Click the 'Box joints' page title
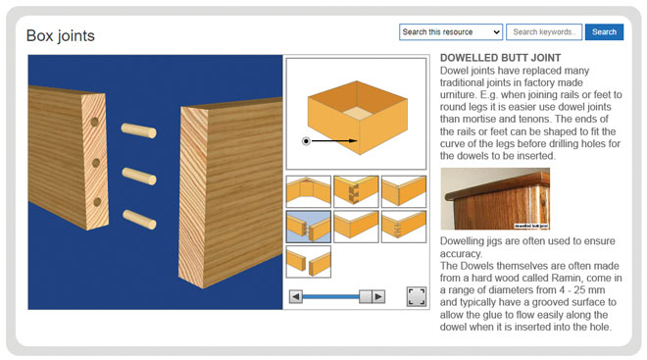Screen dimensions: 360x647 (61, 36)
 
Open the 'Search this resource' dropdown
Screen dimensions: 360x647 (451, 32)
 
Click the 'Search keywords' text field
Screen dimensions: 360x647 (544, 32)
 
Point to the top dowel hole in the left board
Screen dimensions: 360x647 (95, 123)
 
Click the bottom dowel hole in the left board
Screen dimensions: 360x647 (97, 201)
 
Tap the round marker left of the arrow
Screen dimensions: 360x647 (306, 141)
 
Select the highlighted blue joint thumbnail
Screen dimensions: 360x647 (308, 227)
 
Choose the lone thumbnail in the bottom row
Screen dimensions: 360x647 (308, 262)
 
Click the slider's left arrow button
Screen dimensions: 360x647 (295, 296)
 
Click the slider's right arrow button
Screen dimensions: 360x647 (379, 296)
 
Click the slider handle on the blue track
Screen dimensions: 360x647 (366, 296)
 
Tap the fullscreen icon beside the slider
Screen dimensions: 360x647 (416, 296)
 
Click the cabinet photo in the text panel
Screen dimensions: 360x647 (495, 198)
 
